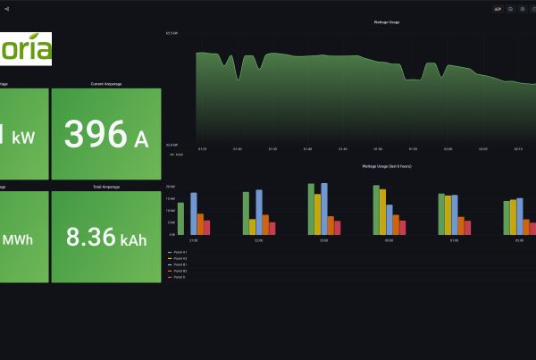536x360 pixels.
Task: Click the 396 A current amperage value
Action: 106,134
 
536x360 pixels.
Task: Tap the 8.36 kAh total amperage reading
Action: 106,237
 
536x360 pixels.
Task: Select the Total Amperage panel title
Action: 106,187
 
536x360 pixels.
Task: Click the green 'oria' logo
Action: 26,48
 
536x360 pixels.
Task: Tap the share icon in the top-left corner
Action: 6,8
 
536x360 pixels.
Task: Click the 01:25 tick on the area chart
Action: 202,149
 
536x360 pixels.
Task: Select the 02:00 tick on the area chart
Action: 448,149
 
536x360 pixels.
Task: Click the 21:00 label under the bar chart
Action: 194,240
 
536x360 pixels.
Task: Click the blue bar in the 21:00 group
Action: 194,213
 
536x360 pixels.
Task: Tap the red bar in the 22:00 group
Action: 272,228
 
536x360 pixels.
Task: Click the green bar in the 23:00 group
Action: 311,209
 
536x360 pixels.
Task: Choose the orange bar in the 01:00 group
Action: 461,225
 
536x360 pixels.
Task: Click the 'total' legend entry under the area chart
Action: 177,155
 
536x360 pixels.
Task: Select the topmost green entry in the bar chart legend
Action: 179,252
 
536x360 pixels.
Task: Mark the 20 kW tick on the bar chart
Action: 171,187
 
